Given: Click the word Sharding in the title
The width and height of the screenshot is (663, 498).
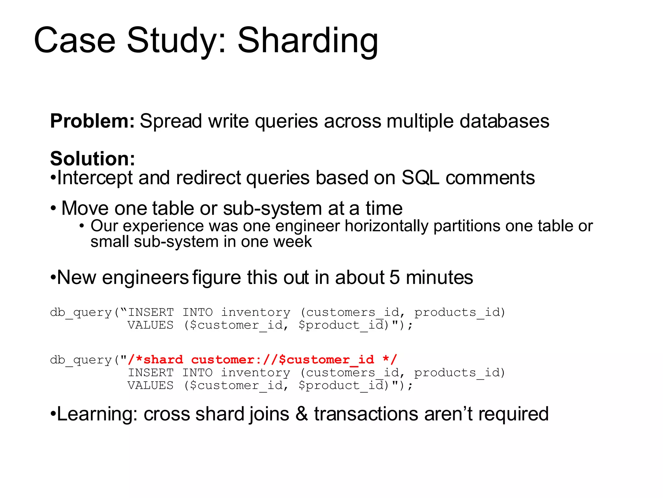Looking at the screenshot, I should tap(308, 41).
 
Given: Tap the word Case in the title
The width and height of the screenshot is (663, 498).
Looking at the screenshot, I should tap(74, 41).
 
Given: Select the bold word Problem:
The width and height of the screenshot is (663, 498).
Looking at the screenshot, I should tap(92, 121).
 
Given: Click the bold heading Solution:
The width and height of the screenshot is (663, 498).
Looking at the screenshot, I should tap(93, 159).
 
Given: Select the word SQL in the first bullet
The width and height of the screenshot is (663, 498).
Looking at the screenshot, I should tap(420, 178).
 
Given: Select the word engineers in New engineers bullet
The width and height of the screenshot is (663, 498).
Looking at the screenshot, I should tap(145, 278).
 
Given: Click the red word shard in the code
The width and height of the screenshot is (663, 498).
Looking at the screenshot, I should tap(163, 360).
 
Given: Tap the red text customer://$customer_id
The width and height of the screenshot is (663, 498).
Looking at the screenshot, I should tap(282, 360).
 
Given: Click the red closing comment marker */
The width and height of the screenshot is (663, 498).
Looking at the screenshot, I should tap(389, 360).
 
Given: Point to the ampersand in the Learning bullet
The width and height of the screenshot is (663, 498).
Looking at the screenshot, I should tap(301, 414).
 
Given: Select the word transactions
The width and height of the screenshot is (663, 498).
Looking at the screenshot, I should tap(366, 414).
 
